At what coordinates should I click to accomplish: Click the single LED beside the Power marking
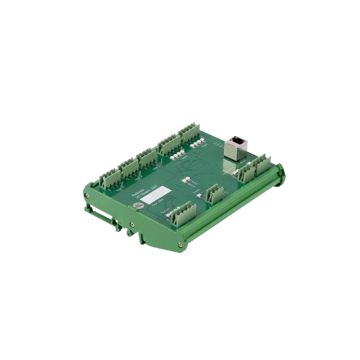point(197,194)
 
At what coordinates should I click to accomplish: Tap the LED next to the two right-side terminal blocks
point(230,174)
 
